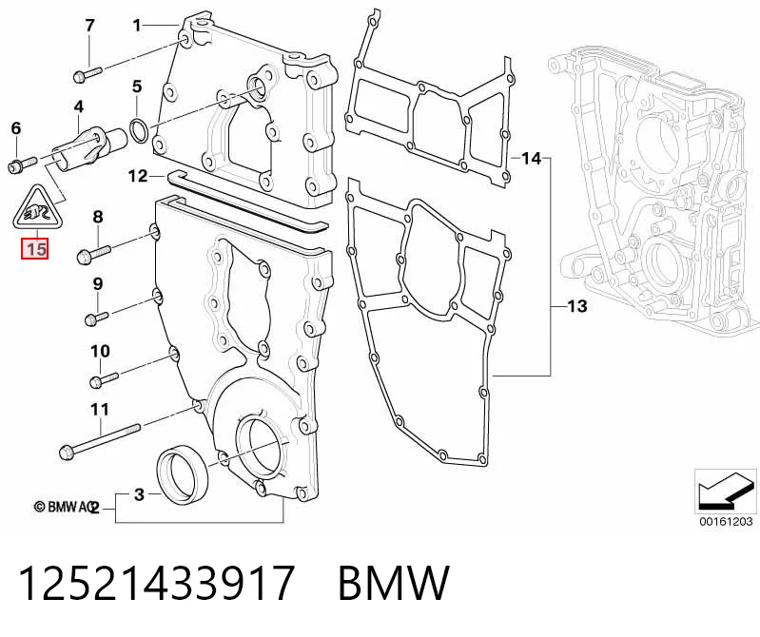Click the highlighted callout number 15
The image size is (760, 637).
(34, 249)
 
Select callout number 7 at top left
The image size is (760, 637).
(89, 25)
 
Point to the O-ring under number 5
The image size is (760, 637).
(140, 131)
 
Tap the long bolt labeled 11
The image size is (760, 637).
(99, 441)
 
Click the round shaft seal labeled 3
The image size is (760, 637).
(184, 473)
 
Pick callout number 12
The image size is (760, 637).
(138, 175)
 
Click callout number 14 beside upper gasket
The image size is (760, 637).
(531, 158)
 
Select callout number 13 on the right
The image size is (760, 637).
(576, 306)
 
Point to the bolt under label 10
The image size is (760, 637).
(104, 378)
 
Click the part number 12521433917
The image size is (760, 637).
(157, 582)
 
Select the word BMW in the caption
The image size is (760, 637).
(394, 582)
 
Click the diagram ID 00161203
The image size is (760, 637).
(726, 521)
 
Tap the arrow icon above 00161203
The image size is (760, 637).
(725, 491)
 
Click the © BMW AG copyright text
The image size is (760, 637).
(65, 507)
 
